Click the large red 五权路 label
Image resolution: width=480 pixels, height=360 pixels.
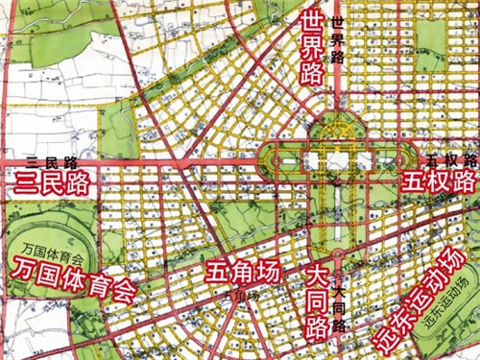point(439,180)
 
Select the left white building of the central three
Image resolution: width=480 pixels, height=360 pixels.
point(312,163)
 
